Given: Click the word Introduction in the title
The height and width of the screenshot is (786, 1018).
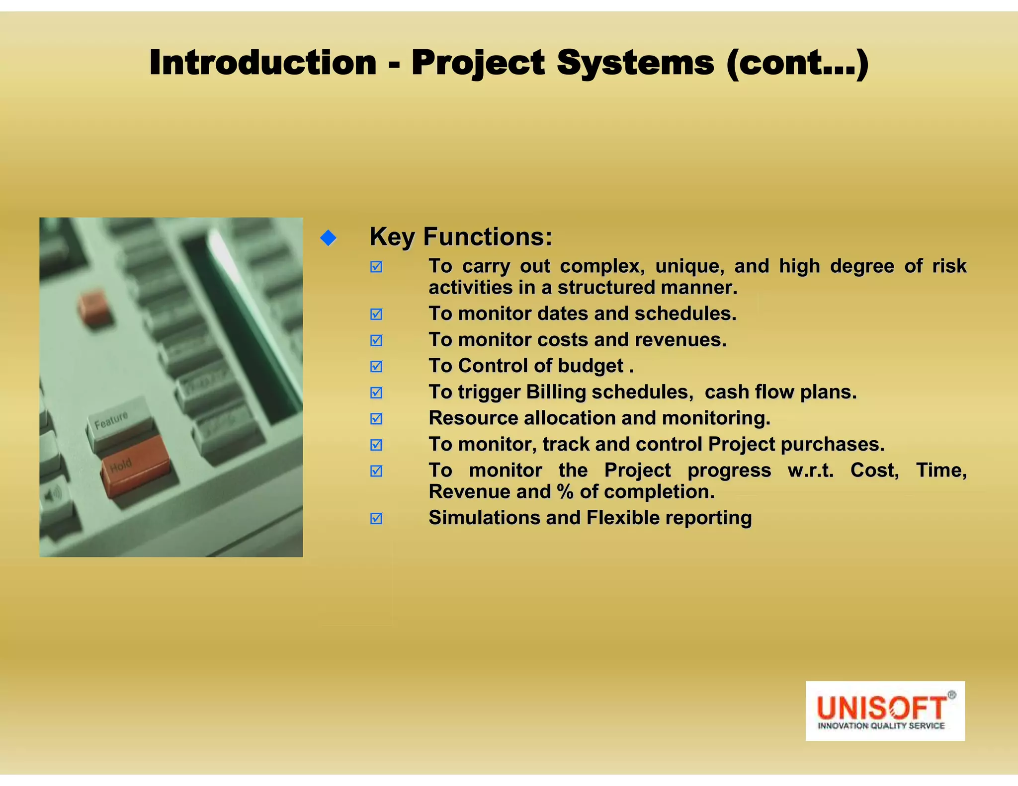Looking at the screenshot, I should (x=262, y=63).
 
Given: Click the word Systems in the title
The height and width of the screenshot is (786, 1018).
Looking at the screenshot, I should (x=635, y=63).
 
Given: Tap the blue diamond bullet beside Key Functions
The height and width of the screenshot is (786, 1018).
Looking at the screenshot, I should (x=329, y=238).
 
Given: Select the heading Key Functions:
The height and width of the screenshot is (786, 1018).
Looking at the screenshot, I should (x=461, y=236).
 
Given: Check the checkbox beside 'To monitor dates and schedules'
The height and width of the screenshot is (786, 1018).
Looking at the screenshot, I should (x=376, y=314).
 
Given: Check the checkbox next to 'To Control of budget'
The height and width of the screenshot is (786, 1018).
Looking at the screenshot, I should (x=376, y=366).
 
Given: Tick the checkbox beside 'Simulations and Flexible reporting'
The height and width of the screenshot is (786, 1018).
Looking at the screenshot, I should (x=376, y=518).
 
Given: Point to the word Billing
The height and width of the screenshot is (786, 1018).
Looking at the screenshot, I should (x=556, y=392).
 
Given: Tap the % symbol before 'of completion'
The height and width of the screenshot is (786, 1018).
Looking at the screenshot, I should (x=565, y=492).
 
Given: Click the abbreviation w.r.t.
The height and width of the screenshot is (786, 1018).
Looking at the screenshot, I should (x=810, y=470).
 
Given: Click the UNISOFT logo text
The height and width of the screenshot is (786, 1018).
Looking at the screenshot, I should (x=881, y=707).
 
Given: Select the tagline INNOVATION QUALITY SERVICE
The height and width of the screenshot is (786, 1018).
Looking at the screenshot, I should (x=881, y=726).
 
